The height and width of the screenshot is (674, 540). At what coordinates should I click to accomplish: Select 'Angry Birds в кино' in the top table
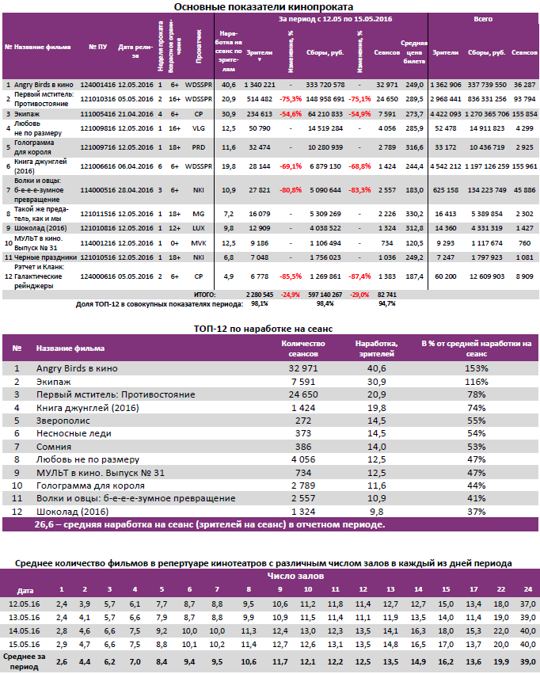coord(44,84)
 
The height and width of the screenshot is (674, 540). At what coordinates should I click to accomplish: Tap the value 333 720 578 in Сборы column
coord(325,84)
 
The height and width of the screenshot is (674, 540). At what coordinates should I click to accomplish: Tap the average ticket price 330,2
coord(412,212)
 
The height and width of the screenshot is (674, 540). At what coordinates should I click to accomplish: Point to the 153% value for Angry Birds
coord(476,368)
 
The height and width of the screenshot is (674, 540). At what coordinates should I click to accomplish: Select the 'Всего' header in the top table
coord(483,17)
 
